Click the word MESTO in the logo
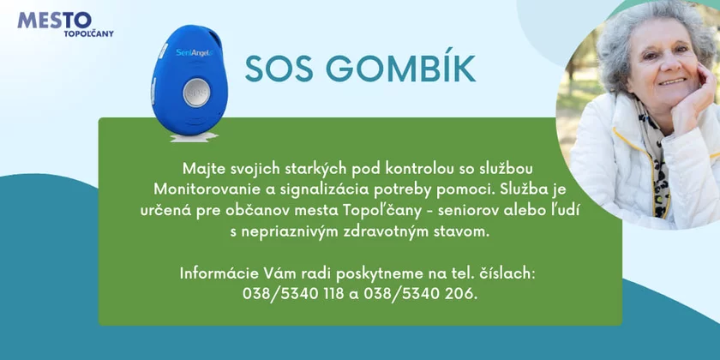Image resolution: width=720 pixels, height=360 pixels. click(x=54, y=21)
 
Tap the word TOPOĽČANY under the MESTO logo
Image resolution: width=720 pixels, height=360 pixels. click(x=88, y=33)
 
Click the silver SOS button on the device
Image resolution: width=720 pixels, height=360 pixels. click(x=196, y=93)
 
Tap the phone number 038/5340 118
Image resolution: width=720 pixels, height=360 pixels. click(x=293, y=294)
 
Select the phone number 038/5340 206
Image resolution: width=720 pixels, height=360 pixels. click(x=420, y=294)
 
